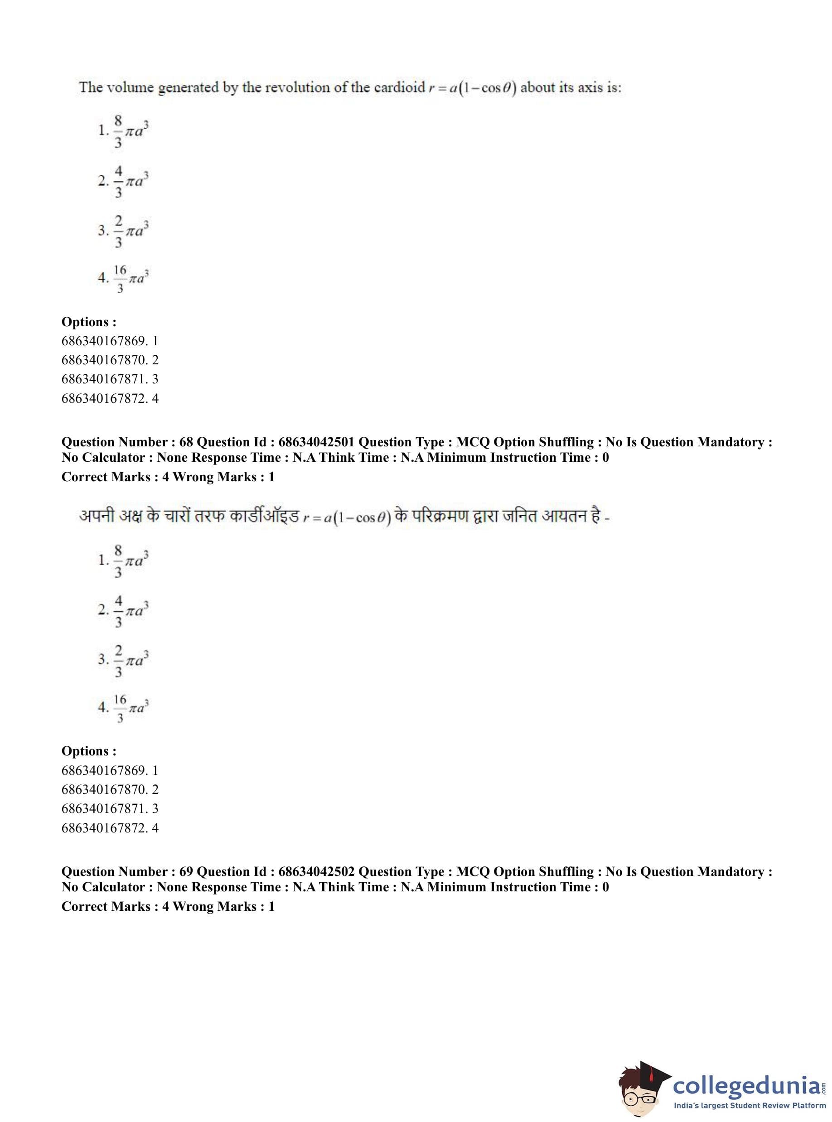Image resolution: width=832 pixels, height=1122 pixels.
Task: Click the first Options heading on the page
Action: (89, 322)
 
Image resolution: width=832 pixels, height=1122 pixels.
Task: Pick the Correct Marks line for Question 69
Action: (168, 906)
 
